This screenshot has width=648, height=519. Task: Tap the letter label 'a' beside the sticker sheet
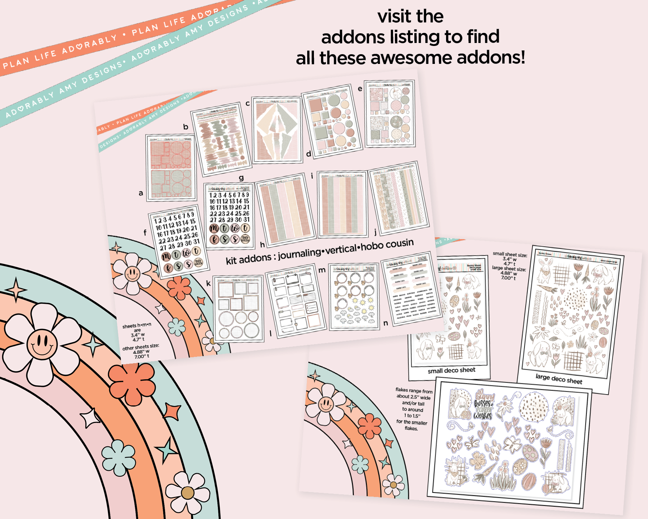141,193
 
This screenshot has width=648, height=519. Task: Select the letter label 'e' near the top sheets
360,89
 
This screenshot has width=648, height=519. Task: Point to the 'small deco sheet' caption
451,370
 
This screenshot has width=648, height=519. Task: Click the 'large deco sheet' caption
559,379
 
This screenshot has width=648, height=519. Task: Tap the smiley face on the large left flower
42,343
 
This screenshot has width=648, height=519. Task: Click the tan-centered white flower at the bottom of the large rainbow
187,492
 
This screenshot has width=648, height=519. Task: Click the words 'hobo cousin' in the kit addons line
387,245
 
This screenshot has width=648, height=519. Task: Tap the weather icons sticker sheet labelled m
354,296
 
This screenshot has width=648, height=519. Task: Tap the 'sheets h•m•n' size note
137,325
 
